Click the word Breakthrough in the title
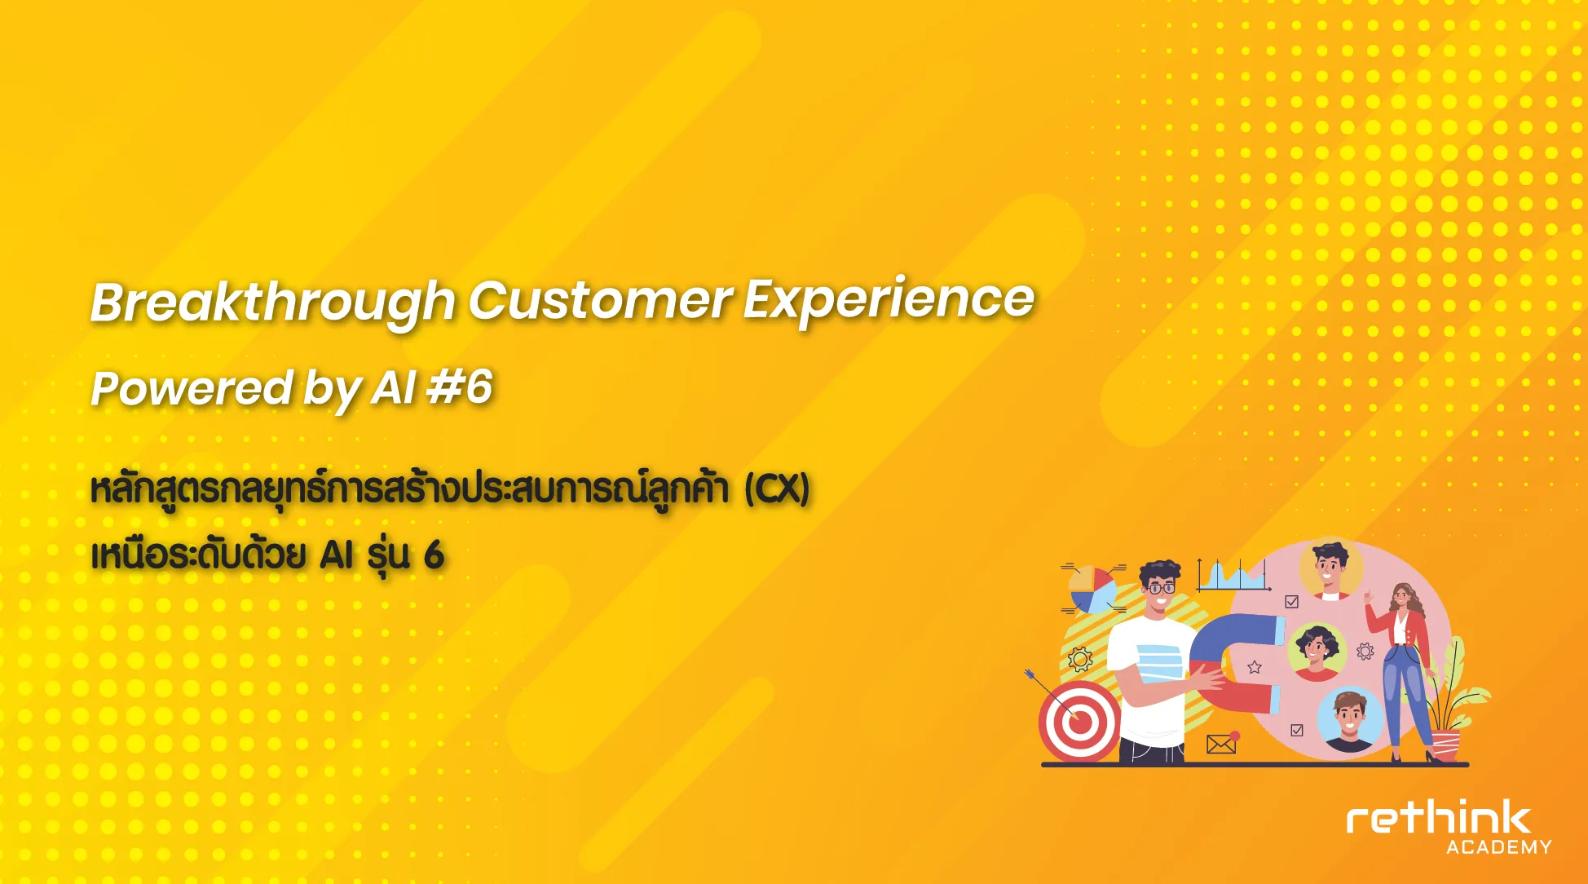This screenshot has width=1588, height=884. [272, 303]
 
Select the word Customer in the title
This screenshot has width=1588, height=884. [600, 300]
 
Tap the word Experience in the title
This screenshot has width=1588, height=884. [889, 300]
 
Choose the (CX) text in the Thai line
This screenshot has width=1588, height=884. [777, 489]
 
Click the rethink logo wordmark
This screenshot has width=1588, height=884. [1439, 818]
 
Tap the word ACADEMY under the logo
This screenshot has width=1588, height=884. [1499, 847]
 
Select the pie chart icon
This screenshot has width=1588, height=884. [1093, 590]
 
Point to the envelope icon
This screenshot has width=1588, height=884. [1221, 744]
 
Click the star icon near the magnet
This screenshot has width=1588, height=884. [1255, 667]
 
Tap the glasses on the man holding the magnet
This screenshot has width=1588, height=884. [1160, 587]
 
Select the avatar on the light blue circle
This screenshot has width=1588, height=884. [1349, 720]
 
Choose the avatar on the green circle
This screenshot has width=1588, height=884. [1316, 652]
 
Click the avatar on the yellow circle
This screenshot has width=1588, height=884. [1330, 570]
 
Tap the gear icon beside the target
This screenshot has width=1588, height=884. [1080, 658]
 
